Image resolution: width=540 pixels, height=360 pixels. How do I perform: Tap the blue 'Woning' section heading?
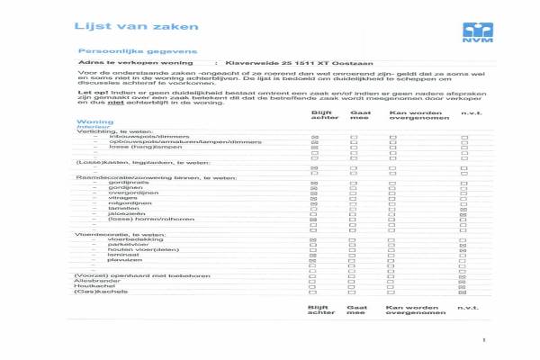click(x=94, y=121)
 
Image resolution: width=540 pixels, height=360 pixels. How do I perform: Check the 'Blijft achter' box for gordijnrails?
click(x=314, y=182)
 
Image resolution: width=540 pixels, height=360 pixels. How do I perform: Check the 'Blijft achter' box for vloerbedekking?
click(x=314, y=240)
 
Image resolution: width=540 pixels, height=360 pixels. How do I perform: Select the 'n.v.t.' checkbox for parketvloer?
click(x=464, y=246)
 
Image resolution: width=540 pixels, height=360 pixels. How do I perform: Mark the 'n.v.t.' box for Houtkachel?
click(x=464, y=286)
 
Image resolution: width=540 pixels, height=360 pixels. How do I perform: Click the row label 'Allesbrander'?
click(x=94, y=280)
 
